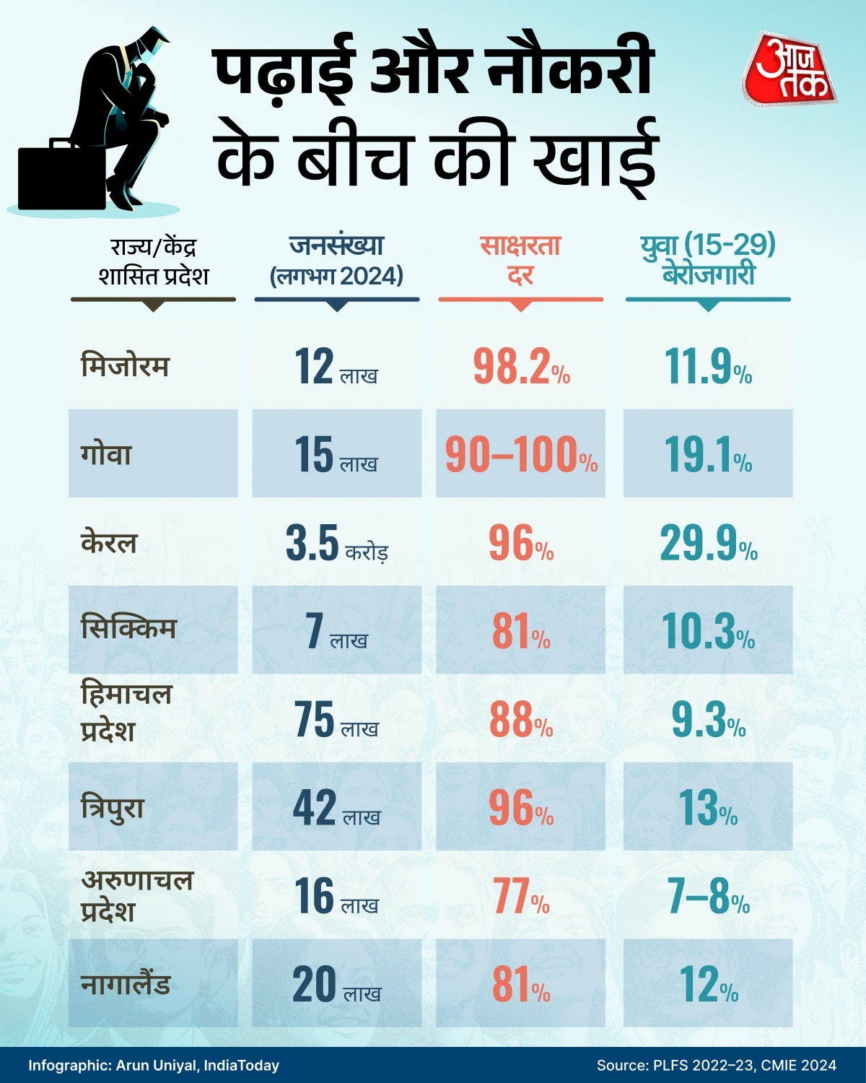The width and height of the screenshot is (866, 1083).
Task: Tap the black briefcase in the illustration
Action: pos(61,177)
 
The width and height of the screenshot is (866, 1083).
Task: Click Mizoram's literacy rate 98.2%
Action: pos(521,367)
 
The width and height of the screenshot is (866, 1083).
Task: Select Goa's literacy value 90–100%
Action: pos(521,455)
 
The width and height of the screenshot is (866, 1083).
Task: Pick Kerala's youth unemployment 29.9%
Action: pos(708,544)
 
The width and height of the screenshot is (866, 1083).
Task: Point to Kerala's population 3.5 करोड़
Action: pos(336,544)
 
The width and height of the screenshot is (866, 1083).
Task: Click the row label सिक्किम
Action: pos(128,628)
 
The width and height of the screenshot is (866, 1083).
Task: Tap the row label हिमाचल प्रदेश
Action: pos(126,712)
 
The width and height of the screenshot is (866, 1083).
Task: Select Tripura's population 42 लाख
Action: pos(336,808)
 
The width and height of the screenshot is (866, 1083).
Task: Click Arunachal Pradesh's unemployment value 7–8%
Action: pos(708,897)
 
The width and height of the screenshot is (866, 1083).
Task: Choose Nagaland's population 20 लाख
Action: pos(336,985)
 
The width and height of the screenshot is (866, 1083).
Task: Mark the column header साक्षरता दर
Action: pos(520,260)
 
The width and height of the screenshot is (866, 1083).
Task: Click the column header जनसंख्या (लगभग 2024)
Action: pos(336,260)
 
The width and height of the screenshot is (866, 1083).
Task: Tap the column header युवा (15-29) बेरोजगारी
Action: pos(708,260)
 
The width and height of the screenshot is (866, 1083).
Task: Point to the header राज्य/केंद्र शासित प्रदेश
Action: pos(153,261)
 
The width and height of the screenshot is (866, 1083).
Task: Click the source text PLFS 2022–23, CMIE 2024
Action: pos(717,1065)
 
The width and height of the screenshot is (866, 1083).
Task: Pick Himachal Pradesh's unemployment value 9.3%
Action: pos(708,720)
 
